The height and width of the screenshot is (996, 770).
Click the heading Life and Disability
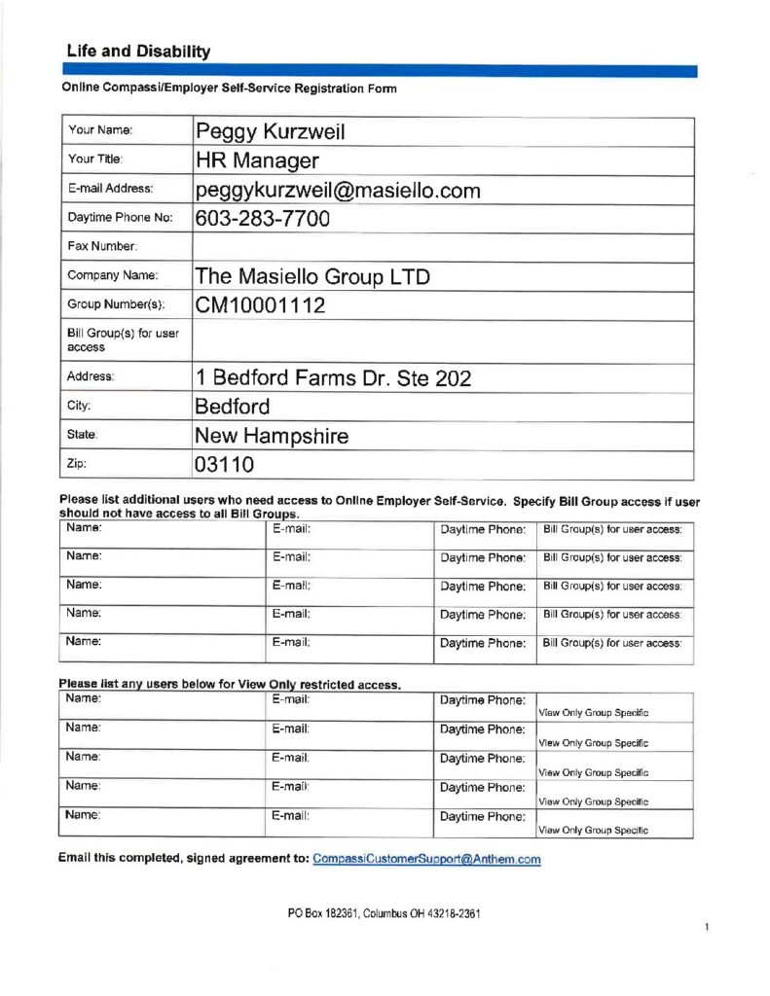point(138,52)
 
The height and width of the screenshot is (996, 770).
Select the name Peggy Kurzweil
point(271,131)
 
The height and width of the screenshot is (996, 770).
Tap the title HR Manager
point(257,160)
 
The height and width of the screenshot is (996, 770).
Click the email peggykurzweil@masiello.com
point(338,190)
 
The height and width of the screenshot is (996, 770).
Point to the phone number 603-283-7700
point(263,219)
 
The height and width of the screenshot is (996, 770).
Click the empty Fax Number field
point(443,247)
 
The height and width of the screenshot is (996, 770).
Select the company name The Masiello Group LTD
point(312,277)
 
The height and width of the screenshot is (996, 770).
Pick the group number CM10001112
point(260,306)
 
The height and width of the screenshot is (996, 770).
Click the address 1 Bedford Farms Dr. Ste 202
point(333,377)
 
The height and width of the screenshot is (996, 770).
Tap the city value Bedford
point(233,407)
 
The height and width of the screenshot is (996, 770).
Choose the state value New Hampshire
point(272,436)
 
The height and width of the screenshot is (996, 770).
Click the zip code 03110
point(225,465)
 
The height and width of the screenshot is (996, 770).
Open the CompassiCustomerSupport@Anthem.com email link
point(426,859)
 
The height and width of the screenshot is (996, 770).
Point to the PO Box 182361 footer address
point(385,914)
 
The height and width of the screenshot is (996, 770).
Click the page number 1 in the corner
point(707,928)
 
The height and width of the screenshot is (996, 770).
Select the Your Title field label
point(94,159)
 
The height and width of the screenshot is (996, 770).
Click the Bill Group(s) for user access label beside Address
point(123,340)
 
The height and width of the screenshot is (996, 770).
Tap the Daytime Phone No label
point(120,218)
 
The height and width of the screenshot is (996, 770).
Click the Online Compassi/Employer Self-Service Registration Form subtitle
point(230,89)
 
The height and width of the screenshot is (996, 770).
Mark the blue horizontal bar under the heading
point(380,71)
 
